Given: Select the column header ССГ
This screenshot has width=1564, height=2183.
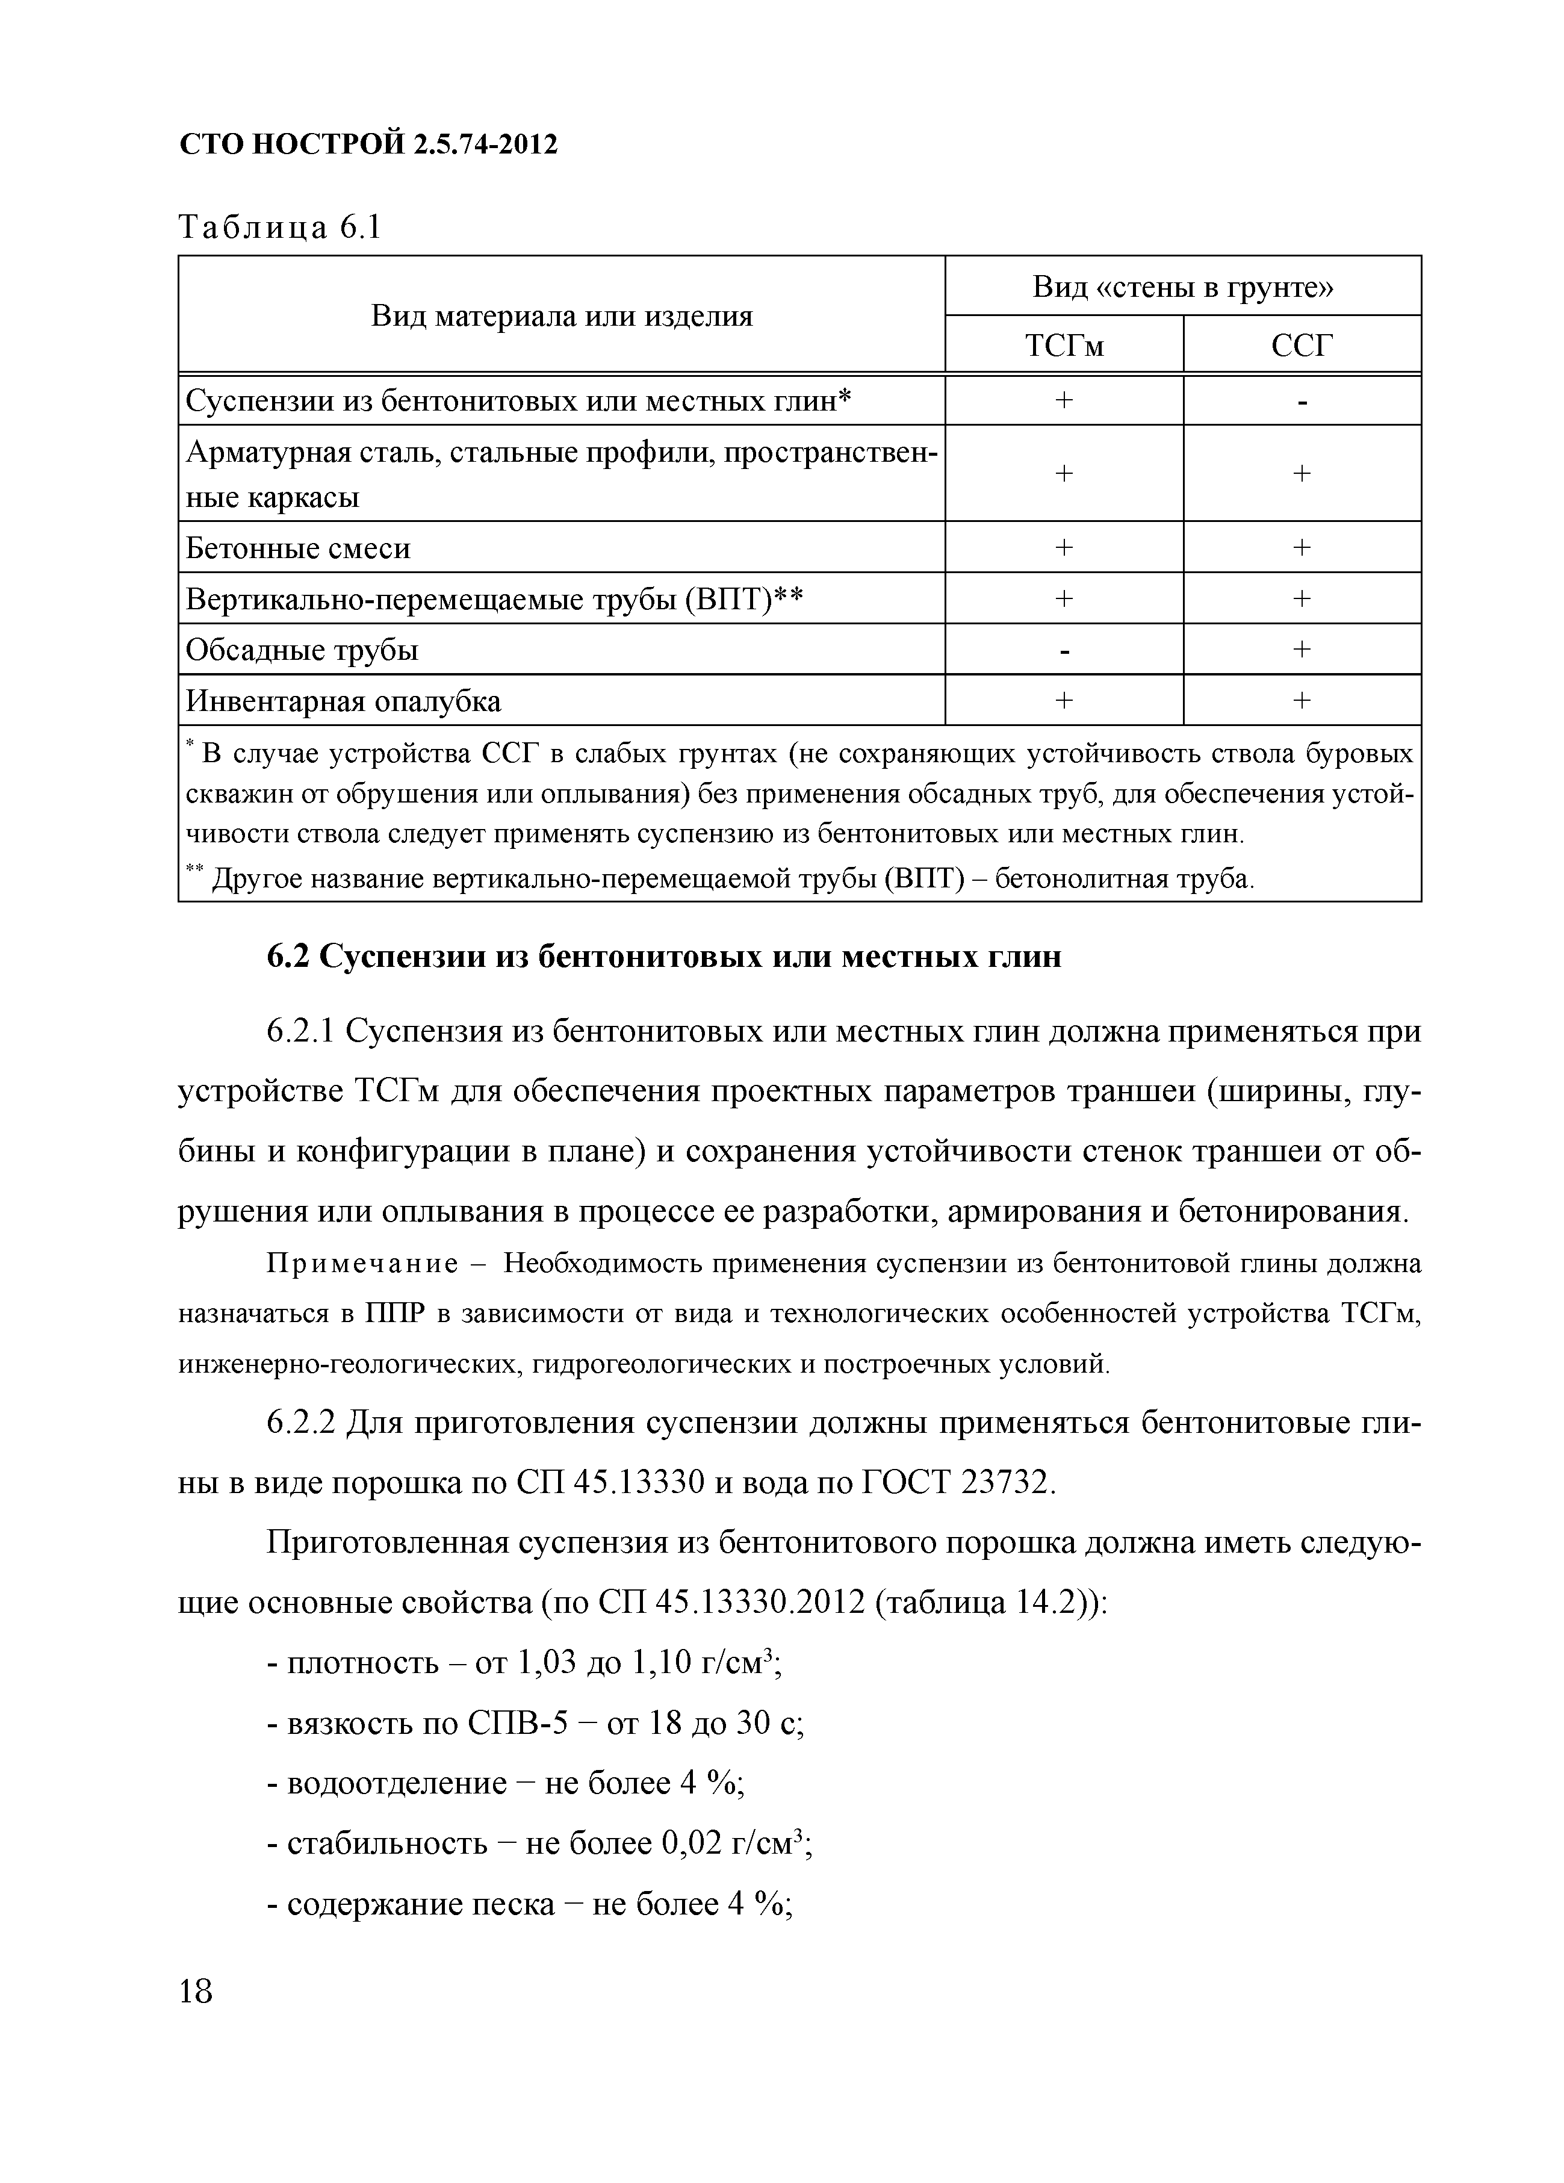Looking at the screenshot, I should [1302, 344].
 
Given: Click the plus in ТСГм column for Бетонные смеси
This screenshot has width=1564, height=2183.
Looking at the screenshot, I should [1064, 548].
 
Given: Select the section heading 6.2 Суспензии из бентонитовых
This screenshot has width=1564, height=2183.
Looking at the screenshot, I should [664, 956].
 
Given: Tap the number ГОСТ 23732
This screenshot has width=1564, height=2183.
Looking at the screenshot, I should [953, 1482].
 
